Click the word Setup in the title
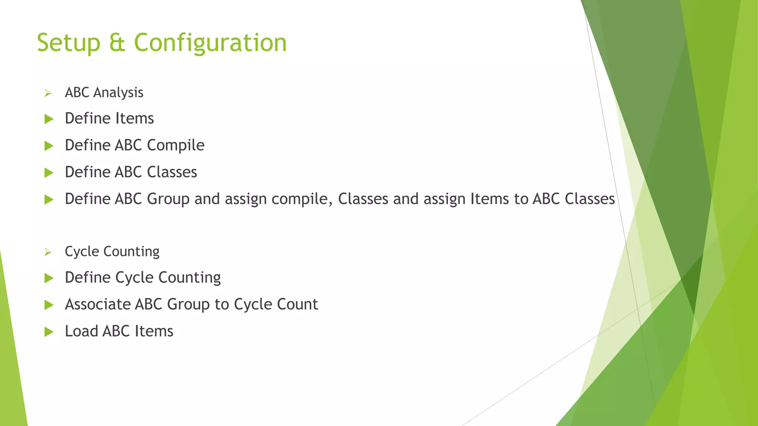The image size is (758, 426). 68,43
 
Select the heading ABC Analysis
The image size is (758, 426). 104,92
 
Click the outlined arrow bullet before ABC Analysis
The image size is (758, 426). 48,93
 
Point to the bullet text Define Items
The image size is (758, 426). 109,118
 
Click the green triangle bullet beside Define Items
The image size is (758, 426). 49,119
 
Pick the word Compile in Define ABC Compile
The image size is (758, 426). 175,145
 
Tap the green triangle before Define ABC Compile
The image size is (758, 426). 49,146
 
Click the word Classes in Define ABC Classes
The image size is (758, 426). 172,172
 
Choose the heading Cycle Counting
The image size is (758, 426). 112,251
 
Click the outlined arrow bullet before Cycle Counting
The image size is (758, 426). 48,252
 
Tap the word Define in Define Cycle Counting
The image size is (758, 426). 87,277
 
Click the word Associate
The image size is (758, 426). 97,304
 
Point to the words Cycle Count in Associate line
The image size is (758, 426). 276,304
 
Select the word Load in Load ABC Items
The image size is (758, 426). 81,331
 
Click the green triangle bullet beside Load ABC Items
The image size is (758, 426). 49,332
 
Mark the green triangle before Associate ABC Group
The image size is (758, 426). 49,305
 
